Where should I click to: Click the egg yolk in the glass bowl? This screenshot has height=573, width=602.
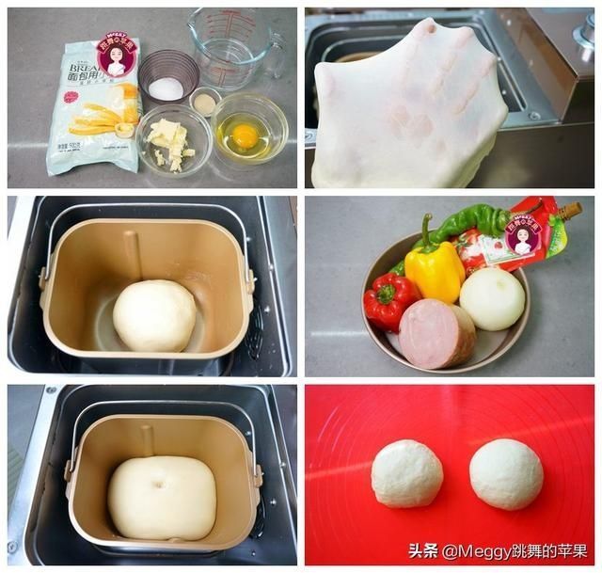click(x=245, y=136)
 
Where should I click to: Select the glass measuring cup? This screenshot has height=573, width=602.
click(x=231, y=47)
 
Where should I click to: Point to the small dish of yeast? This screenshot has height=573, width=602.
click(x=204, y=102)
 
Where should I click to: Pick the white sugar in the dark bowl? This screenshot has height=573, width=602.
click(x=166, y=88)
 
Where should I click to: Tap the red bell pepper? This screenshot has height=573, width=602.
click(x=388, y=299)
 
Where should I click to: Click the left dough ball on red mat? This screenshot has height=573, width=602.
click(x=406, y=473)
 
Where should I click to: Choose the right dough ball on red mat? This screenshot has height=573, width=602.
click(x=506, y=473)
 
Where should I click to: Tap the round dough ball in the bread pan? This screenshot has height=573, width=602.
click(x=154, y=315)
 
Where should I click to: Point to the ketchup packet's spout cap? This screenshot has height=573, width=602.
click(x=569, y=210)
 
